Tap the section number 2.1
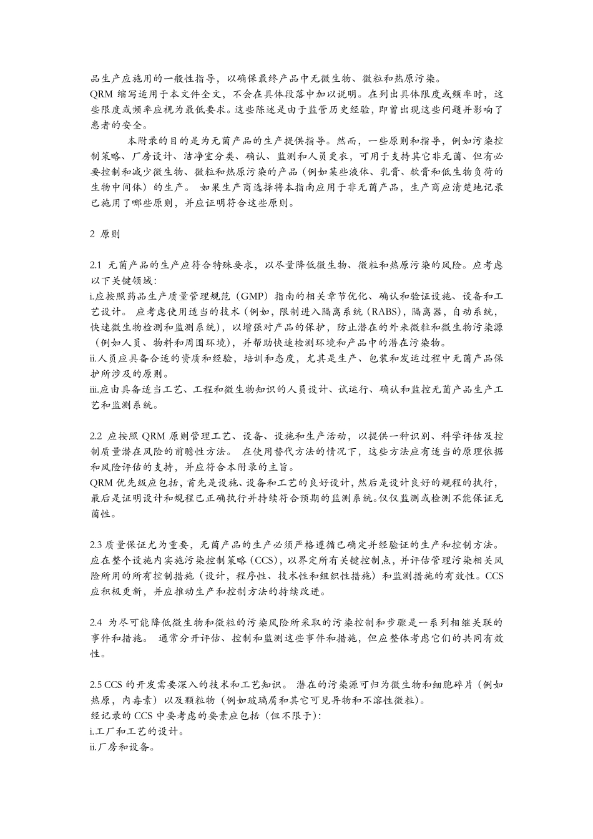96,265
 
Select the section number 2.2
96,436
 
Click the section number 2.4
96,623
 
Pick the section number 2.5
96,685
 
